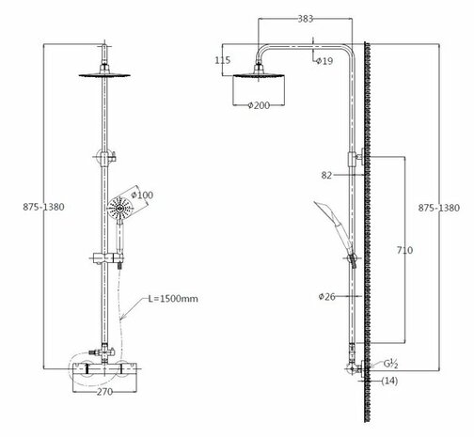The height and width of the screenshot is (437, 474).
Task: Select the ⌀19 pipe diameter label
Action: (324, 61)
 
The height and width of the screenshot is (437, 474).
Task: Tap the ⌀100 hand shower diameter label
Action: (144, 195)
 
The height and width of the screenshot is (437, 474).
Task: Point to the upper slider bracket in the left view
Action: (102, 154)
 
